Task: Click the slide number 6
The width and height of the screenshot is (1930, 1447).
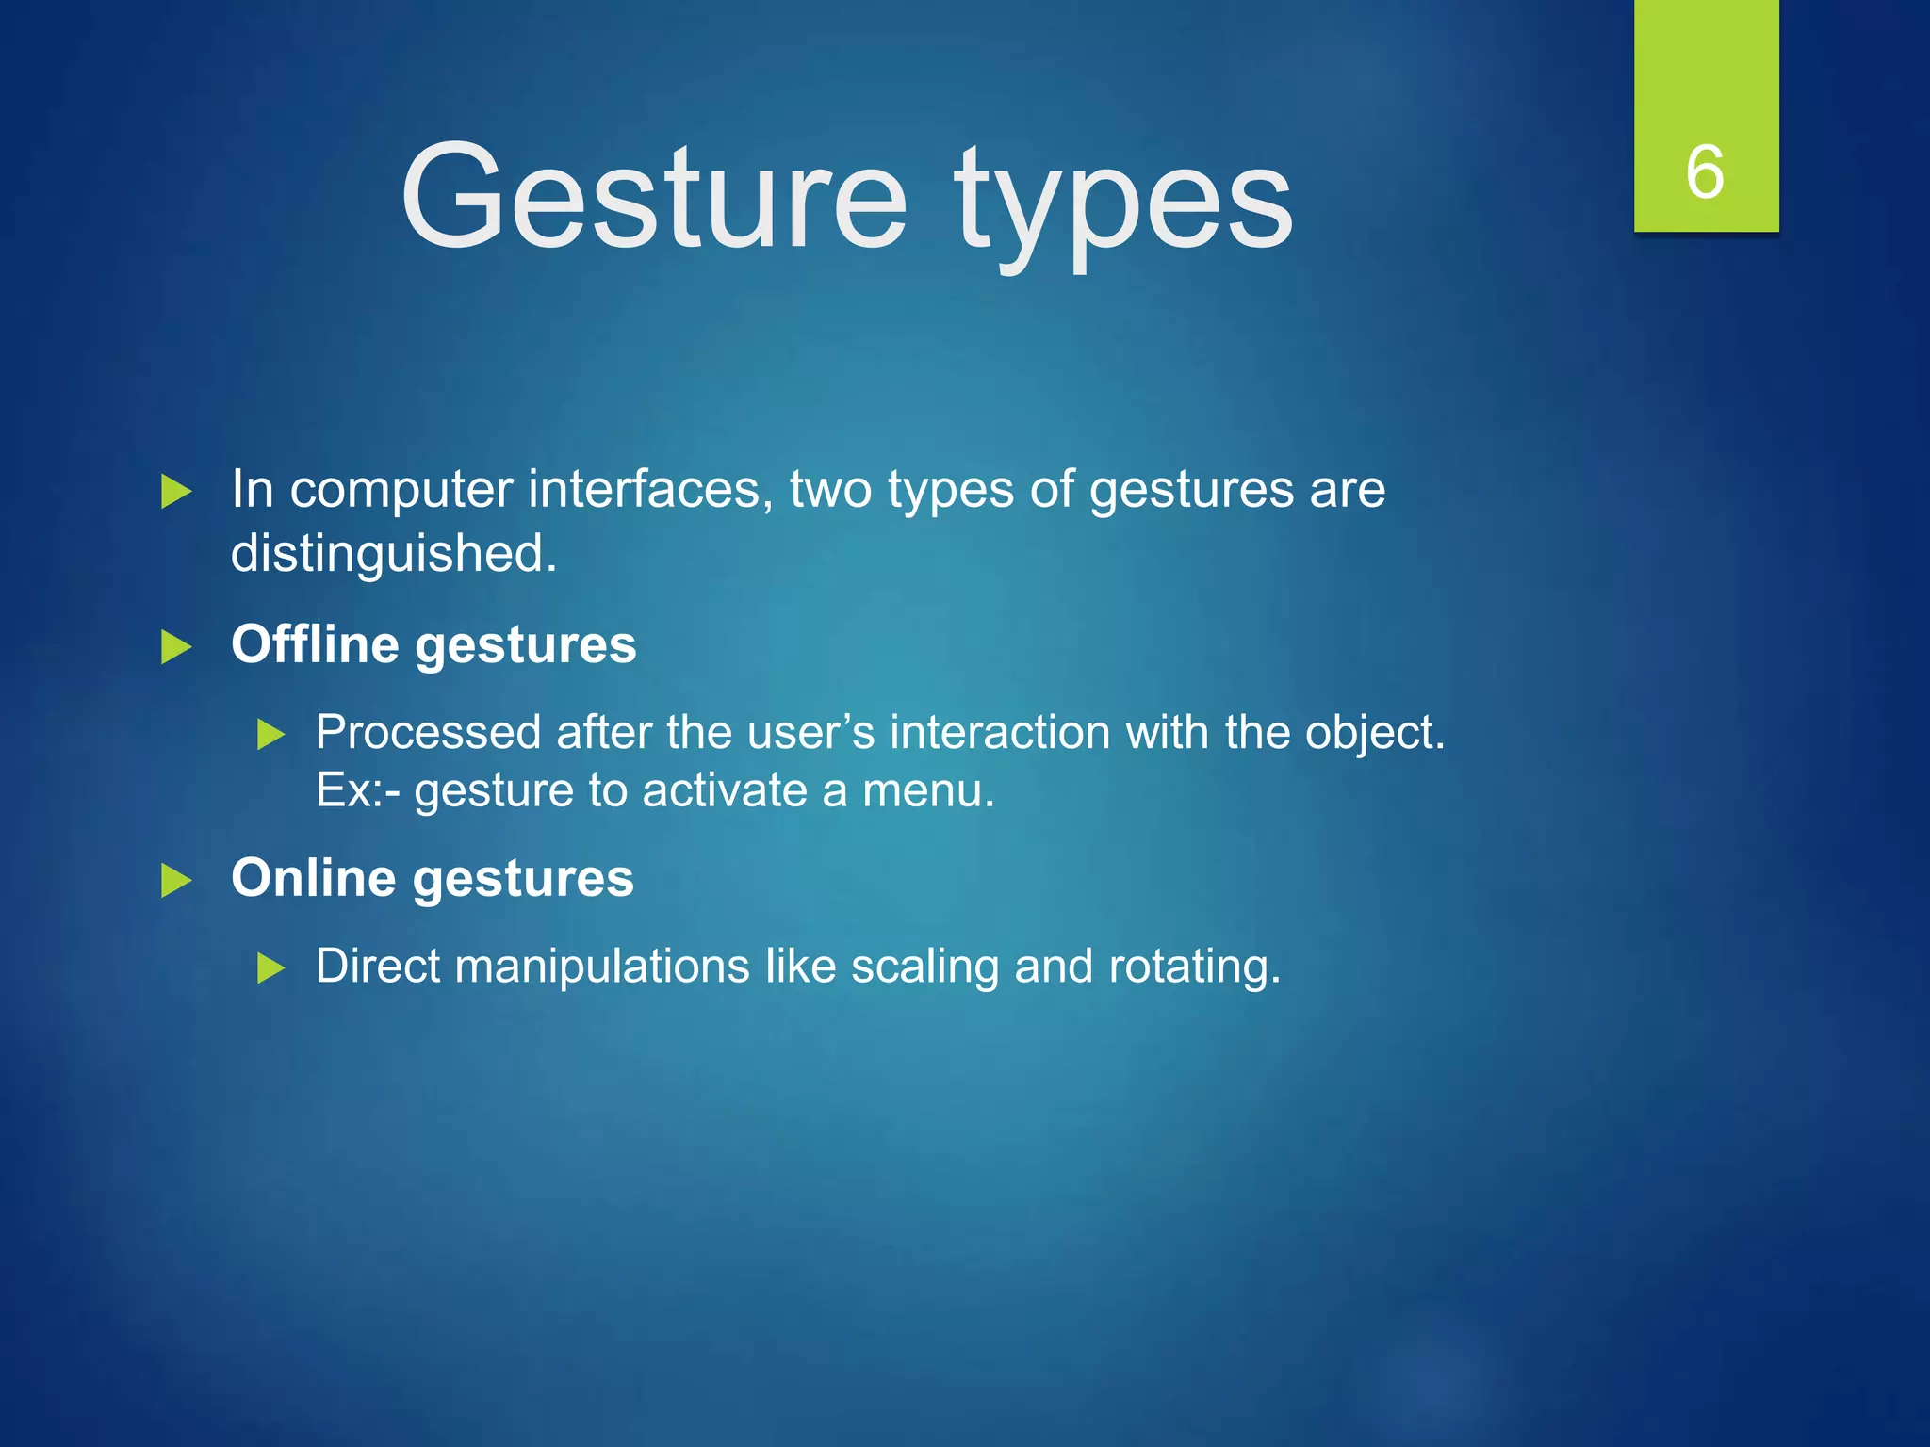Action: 1705,172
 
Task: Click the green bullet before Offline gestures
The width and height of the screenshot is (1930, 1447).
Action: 176,647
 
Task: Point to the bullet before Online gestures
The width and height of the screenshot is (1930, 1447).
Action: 176,881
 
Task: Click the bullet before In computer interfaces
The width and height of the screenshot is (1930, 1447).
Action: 176,492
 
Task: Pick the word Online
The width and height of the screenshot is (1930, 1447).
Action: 314,878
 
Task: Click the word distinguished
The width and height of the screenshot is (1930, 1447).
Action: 393,554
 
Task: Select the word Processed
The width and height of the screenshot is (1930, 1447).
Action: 428,732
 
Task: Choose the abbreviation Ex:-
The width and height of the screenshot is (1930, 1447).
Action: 357,789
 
